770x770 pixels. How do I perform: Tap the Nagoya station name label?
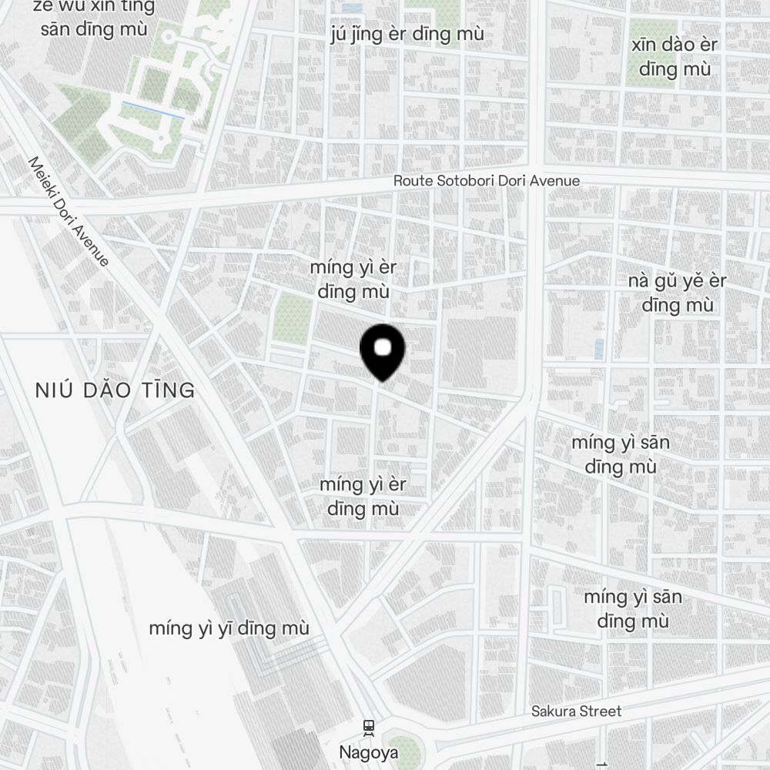coord(369,752)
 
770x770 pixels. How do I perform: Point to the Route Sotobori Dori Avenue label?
coord(487,181)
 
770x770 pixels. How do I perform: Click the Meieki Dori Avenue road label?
coord(69,212)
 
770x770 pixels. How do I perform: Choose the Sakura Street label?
coord(576,711)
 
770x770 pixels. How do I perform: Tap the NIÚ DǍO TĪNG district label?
coord(115,390)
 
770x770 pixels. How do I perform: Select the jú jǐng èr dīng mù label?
coord(407,35)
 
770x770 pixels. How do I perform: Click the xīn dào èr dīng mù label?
coord(674,56)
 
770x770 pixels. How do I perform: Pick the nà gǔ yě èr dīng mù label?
coord(677,293)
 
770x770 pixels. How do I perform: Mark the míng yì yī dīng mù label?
coord(229,628)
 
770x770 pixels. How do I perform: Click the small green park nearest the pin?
coord(293,317)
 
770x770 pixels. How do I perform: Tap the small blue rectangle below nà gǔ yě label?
coord(599,349)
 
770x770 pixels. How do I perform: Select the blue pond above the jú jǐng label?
coord(352,8)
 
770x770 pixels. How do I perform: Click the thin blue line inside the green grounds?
coord(153,110)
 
